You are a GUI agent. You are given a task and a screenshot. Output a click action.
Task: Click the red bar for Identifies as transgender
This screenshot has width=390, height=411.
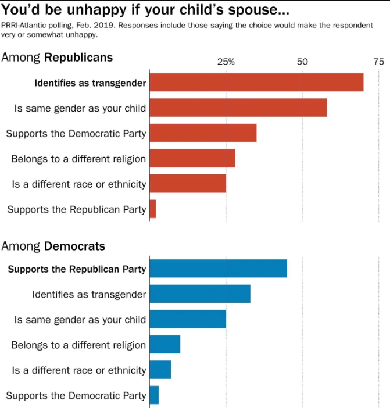[256, 83]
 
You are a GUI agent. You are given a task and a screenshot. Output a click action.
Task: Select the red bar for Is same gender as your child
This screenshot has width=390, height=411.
[238, 108]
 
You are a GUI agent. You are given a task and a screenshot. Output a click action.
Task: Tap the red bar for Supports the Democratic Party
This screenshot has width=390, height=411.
[203, 133]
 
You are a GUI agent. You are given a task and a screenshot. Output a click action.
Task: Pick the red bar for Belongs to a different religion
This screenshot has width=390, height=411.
[192, 158]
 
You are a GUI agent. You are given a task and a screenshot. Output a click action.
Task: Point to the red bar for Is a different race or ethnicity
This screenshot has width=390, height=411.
[188, 184]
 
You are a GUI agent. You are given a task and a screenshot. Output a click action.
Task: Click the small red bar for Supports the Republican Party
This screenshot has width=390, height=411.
[153, 209]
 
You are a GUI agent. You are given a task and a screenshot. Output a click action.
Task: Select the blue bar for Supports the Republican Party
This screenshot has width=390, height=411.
[218, 269]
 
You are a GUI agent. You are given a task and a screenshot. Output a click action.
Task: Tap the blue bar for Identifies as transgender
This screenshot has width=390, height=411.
[200, 294]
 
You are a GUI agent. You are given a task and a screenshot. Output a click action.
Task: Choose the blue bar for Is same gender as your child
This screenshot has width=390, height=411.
[188, 319]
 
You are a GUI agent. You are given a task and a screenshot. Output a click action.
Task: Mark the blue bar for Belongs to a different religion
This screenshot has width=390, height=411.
[165, 345]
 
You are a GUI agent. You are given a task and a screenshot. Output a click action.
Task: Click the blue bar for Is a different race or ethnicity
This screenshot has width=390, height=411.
[160, 370]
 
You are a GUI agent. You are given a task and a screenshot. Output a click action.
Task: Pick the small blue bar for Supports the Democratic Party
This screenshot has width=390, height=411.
[154, 395]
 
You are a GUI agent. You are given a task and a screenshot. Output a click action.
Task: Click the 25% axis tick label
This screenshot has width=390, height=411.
[226, 62]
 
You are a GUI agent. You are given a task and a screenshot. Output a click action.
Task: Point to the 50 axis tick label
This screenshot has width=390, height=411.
[302, 62]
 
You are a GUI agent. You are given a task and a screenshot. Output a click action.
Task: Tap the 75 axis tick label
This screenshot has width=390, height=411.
[378, 62]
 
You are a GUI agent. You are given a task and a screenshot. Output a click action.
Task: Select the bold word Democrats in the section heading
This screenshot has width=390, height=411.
[75, 246]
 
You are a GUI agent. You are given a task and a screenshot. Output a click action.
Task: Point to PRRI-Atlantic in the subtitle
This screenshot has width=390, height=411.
[24, 26]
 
